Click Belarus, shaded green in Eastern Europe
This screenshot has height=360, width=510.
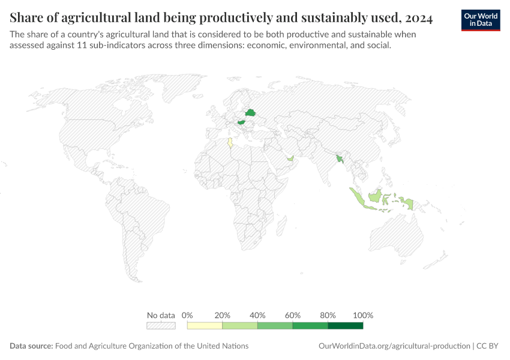point(250,113)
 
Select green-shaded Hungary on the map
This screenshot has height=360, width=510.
point(242,122)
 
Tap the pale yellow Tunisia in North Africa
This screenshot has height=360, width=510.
point(230,143)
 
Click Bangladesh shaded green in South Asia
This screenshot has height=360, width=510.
point(340,159)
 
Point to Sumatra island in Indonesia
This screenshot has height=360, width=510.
point(356,197)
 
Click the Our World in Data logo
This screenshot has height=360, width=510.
point(481,20)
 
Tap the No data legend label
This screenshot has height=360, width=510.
point(161,315)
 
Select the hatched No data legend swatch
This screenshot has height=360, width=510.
point(161,326)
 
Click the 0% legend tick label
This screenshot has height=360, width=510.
point(187,315)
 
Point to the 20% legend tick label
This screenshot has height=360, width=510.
point(223,315)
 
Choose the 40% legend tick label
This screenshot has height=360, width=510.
point(257,315)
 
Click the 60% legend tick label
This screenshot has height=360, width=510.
point(293,315)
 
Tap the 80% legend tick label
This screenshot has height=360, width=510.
point(328,315)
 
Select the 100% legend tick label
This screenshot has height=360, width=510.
point(363,315)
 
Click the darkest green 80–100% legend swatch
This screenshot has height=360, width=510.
point(346,326)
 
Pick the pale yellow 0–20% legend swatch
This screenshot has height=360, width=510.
point(205,326)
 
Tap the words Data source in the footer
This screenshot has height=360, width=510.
point(31,346)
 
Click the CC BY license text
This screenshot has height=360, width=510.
point(487,346)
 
